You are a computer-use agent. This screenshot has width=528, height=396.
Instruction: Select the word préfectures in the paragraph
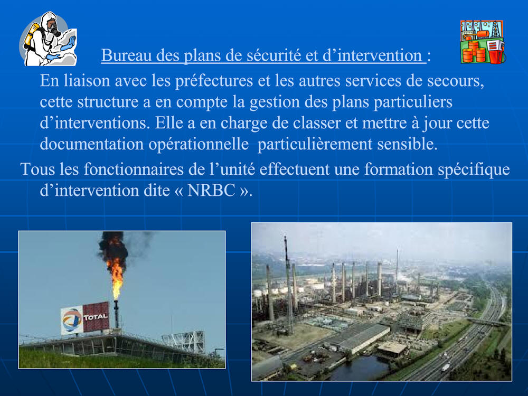pyautogui.click(x=214, y=81)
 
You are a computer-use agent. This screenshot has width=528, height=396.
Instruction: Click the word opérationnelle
pyautogui.click(x=199, y=145)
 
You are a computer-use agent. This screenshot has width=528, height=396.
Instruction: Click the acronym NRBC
pyautogui.click(x=211, y=191)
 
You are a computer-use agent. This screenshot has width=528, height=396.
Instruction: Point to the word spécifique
pyautogui.click(x=474, y=169)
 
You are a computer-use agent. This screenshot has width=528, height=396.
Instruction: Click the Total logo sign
pyautogui.click(x=85, y=318)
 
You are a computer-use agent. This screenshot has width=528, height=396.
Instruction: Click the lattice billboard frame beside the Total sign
pyautogui.click(x=184, y=341)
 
